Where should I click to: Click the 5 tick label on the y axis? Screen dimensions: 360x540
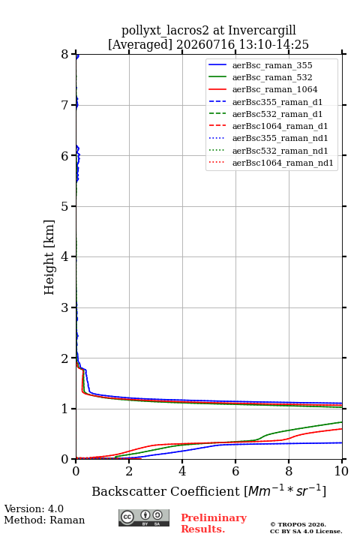[x=65, y=206]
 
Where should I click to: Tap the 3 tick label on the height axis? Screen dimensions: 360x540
[x=65, y=307]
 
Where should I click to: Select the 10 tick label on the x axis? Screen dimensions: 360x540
[x=341, y=471]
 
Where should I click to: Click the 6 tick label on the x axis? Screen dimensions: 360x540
[x=235, y=471]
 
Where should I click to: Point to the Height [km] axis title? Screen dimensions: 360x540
[x=49, y=257]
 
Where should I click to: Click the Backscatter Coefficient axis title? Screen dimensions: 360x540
[x=208, y=490]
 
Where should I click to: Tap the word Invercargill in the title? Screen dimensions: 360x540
[x=262, y=31]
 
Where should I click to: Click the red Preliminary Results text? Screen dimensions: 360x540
[x=214, y=523]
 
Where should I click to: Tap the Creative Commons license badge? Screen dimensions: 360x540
[x=144, y=517]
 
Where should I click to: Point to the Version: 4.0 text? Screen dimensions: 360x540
[x=34, y=508]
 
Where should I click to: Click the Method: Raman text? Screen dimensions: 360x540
[x=44, y=520]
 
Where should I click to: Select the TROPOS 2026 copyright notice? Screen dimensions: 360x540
[x=298, y=524]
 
